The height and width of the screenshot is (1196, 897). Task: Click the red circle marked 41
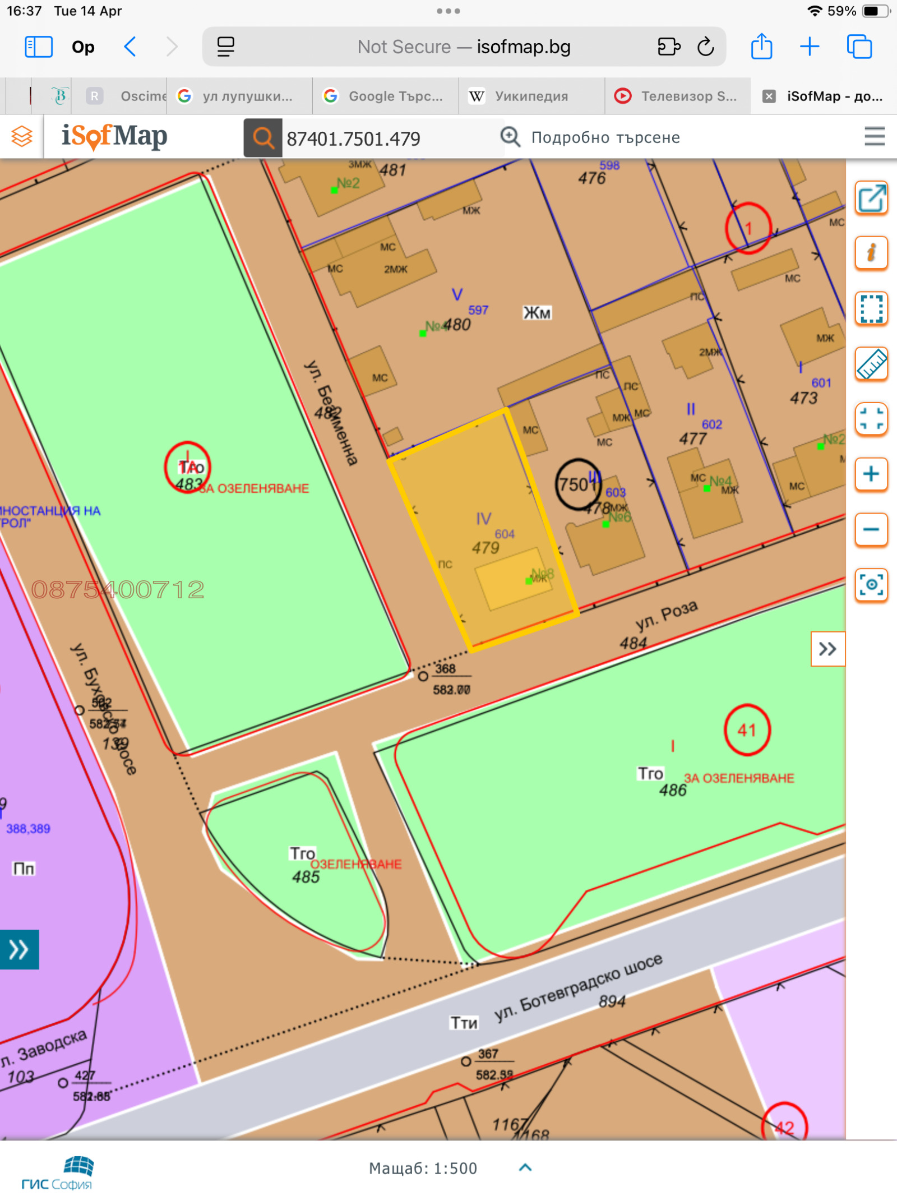(747, 729)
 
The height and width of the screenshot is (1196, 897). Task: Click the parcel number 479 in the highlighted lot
(485, 547)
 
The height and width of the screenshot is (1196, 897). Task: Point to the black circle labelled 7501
(577, 484)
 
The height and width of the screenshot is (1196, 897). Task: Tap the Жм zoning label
(537, 313)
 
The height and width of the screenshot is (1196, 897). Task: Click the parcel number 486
(672, 790)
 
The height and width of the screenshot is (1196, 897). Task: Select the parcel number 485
(306, 876)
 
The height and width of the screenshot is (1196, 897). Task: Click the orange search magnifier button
(262, 138)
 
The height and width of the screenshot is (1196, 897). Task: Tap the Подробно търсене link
(605, 137)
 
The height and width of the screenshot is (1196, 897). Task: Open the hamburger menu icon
(874, 136)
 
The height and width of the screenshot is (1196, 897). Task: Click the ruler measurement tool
(871, 363)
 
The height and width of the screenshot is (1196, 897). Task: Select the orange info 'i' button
(871, 252)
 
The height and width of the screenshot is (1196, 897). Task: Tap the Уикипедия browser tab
(531, 96)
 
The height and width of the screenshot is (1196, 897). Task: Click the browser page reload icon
(705, 47)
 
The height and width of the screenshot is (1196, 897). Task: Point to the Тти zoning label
(464, 1023)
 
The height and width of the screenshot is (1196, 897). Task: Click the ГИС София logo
(57, 1174)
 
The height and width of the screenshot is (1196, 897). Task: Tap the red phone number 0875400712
(118, 589)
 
